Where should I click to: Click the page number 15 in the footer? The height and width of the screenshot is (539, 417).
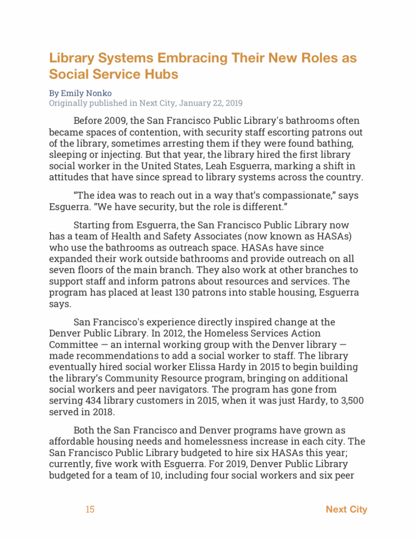(90, 509)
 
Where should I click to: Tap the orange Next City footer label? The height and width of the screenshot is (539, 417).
(346, 509)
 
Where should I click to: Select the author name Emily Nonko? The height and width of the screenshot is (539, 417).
(87, 93)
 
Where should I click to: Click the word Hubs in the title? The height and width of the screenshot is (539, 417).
(162, 74)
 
